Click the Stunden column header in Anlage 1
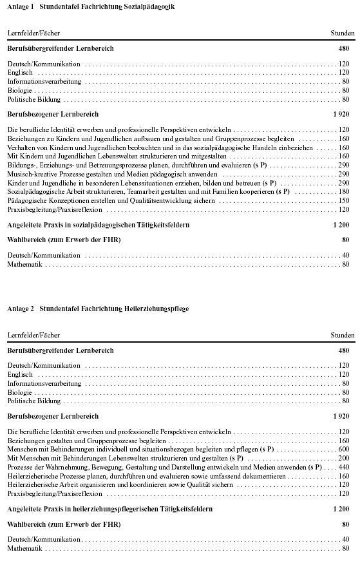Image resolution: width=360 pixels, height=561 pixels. [342, 33]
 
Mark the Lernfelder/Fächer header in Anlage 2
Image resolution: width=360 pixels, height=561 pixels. [33, 336]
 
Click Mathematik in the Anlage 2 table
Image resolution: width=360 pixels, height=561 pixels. [24, 548]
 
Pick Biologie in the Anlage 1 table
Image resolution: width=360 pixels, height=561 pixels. [19, 91]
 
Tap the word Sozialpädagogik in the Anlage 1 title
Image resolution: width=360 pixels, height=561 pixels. [150, 6]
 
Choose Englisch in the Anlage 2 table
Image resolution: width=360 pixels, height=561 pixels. [20, 374]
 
